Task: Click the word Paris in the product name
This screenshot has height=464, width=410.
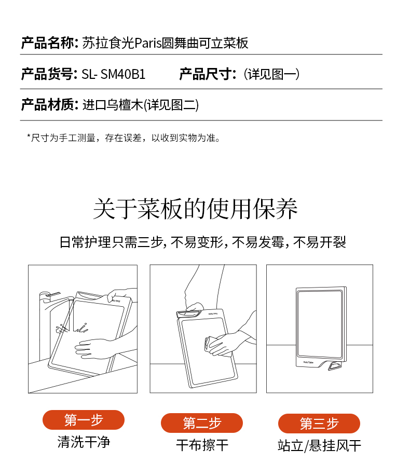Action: coord(148,43)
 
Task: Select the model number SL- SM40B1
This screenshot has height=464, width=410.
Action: coord(114,74)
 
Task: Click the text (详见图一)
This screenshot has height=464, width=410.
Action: coord(271,74)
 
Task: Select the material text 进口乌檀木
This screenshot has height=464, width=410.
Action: coord(113,105)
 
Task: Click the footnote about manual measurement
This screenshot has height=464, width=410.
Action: coord(124,138)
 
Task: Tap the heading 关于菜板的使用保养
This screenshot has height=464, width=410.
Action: coord(196,209)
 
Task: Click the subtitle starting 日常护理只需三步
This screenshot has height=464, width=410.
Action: coord(202,242)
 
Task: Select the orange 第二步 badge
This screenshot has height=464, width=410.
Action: coord(202,423)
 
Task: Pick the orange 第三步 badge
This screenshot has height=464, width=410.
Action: coord(319,424)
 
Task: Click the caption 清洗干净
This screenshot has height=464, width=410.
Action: coord(84,442)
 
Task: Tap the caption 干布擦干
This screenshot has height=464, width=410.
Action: coord(202,445)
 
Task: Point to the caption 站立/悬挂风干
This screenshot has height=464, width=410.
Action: coord(320,446)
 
